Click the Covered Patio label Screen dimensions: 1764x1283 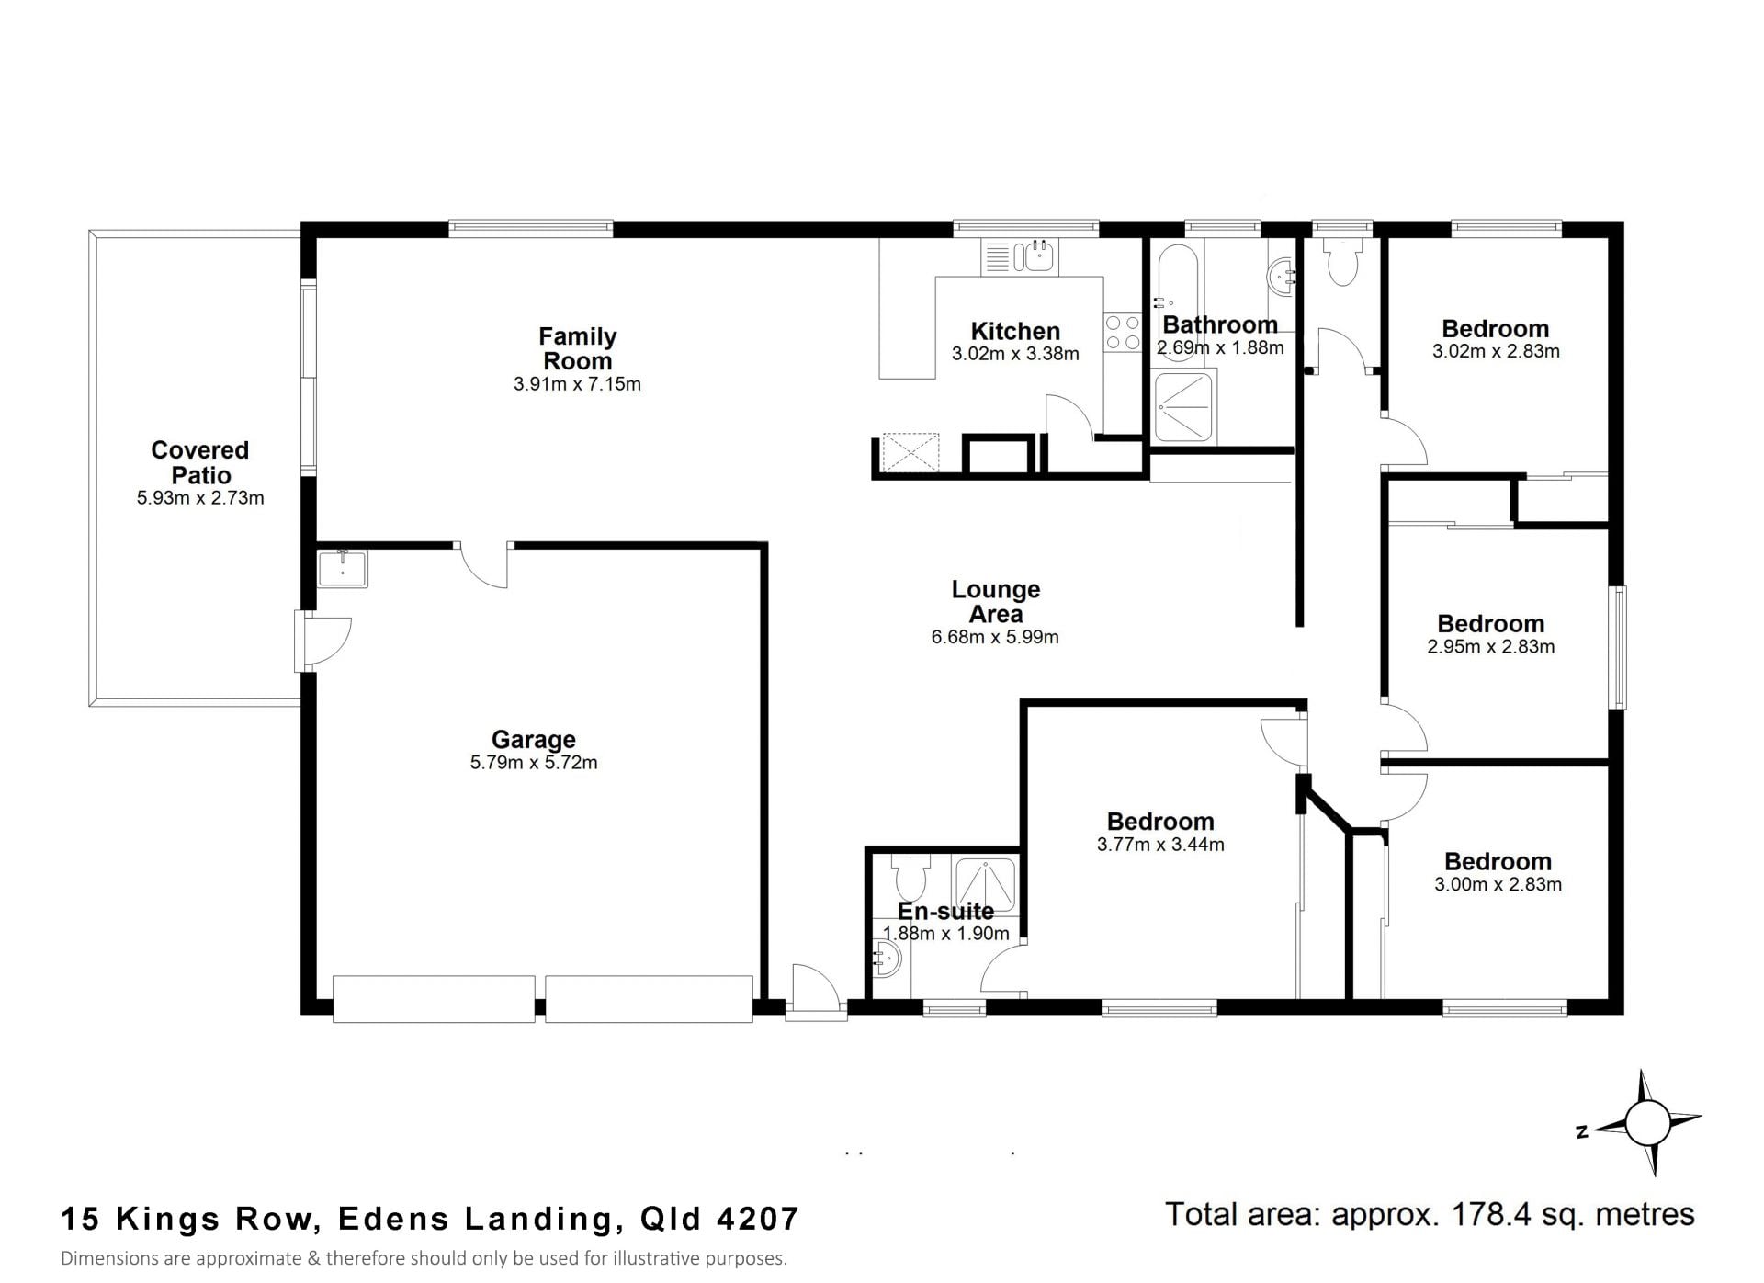[x=200, y=462]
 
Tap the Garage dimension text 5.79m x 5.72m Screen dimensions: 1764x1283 [x=534, y=763]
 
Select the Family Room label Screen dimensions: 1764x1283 [x=577, y=348]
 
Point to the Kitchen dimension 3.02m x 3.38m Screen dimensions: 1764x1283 [x=1015, y=354]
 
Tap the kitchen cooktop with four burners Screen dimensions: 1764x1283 [x=1122, y=333]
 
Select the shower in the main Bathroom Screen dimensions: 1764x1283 [x=1184, y=406]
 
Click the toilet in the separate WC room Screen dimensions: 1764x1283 [x=1342, y=260]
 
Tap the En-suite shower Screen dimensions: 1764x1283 [x=986, y=884]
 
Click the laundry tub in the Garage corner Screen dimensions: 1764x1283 [x=342, y=568]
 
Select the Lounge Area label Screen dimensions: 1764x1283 [x=996, y=601]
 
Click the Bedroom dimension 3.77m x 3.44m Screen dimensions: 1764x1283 [x=1160, y=845]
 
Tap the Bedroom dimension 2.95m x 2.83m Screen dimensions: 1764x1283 [x=1491, y=647]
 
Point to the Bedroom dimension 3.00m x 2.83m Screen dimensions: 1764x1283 [x=1498, y=885]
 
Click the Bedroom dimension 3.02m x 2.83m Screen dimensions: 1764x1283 [x=1496, y=351]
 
